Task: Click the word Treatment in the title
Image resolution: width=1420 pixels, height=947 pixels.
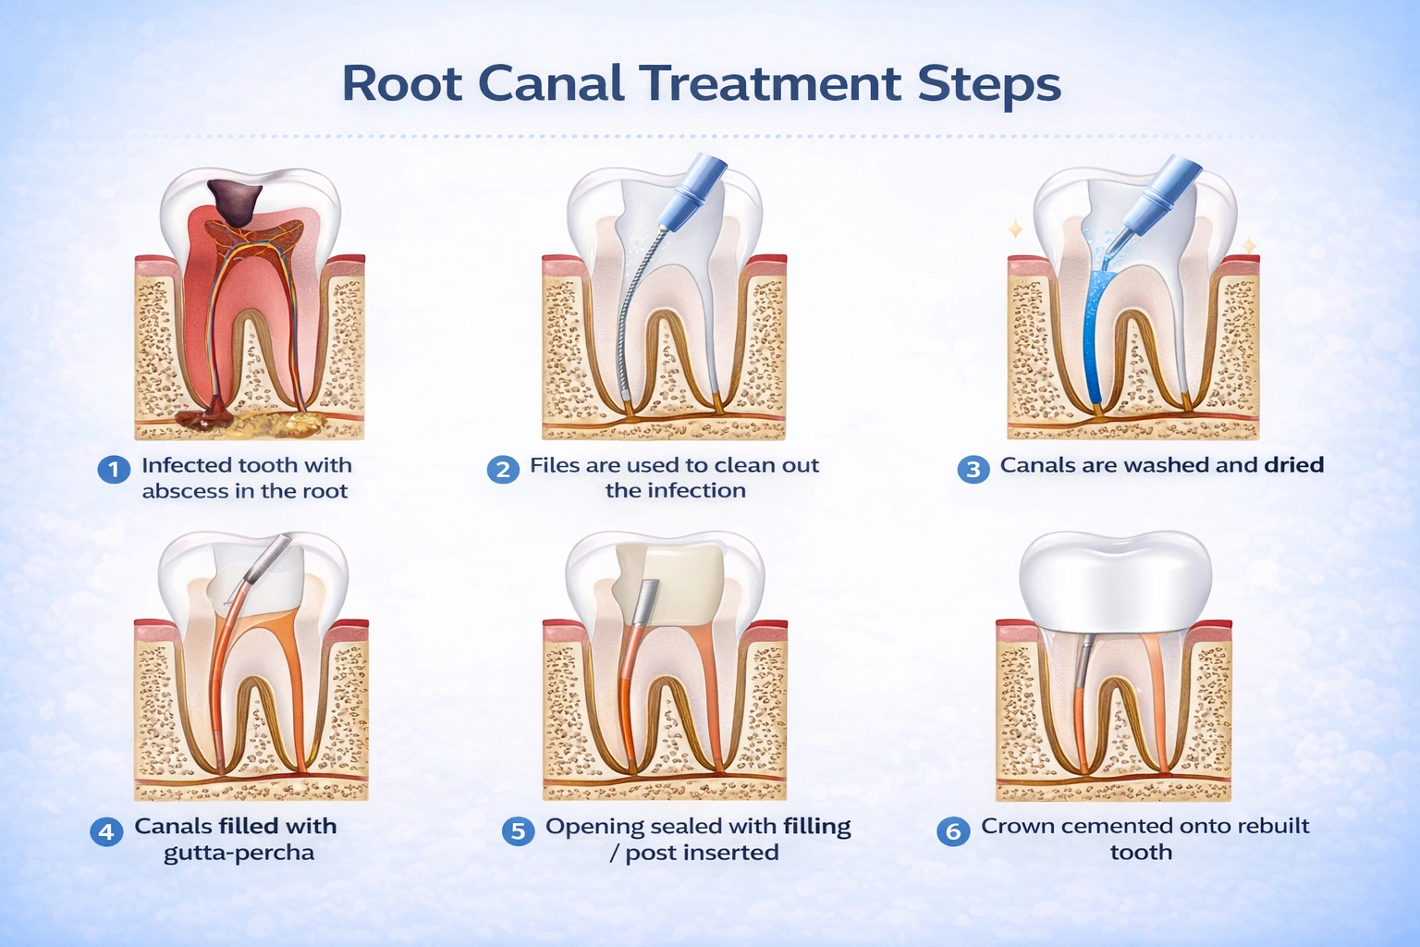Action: point(769,84)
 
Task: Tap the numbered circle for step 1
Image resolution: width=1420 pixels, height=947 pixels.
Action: point(113,469)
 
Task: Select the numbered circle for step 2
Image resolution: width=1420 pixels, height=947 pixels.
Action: point(502,469)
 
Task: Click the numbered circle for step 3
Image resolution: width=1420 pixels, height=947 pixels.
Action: point(973,469)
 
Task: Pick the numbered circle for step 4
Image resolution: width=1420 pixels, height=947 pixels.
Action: point(106,831)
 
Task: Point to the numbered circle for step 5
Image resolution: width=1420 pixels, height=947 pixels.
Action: point(518,831)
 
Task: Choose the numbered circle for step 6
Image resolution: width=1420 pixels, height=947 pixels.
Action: point(953,831)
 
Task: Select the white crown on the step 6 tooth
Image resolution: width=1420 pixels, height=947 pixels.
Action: point(1115,583)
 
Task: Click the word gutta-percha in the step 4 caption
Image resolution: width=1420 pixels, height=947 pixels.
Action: point(239,853)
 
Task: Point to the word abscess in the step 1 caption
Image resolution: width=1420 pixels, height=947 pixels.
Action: point(185,491)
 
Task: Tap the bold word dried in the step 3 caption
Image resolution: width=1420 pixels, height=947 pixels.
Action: point(1294,465)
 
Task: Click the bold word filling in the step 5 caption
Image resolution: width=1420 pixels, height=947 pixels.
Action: point(816,827)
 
